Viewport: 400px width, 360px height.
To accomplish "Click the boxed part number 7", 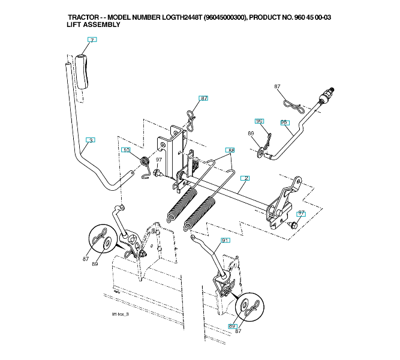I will click(91, 40).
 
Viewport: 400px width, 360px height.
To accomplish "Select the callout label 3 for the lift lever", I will click(90, 140).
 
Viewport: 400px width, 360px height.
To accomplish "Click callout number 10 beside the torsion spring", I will click(125, 149).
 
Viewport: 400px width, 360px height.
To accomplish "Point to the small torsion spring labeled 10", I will click(144, 163).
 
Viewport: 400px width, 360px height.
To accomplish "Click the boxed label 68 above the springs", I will click(230, 149).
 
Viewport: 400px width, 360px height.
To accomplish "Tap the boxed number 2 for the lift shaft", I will click(246, 178).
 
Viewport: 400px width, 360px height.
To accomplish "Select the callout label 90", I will click(259, 121).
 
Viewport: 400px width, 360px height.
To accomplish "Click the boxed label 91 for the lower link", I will click(225, 240).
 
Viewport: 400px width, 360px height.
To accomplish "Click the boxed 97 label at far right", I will click(301, 213).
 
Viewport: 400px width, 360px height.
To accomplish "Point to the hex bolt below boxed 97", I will click(294, 224).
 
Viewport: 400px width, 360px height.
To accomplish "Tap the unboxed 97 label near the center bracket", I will click(159, 160).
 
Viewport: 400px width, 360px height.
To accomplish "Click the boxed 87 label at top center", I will click(204, 98).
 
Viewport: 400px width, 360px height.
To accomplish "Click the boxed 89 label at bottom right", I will click(232, 326).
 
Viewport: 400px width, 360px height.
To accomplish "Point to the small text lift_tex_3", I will click(121, 314).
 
